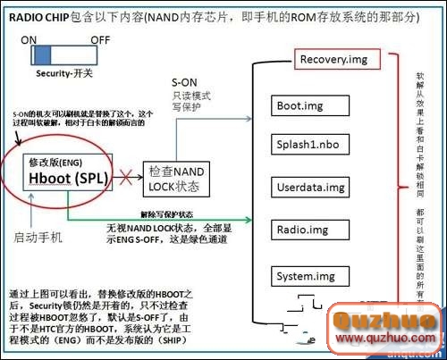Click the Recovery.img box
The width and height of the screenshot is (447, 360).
334,61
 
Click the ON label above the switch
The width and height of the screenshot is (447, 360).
29,39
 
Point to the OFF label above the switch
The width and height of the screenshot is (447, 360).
99,39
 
